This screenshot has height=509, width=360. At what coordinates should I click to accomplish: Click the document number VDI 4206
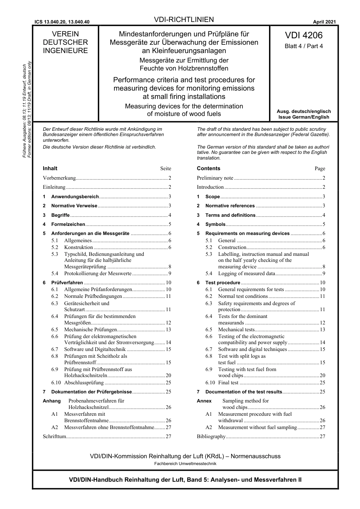pyautogui.click(x=304, y=35)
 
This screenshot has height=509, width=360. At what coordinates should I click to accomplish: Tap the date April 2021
pyautogui.click(x=324, y=22)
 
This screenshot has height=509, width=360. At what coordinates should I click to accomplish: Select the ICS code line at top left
pyautogui.click(x=62, y=22)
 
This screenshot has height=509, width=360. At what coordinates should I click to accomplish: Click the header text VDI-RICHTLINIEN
pyautogui.click(x=184, y=20)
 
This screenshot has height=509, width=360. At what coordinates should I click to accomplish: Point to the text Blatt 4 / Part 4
pyautogui.click(x=304, y=46)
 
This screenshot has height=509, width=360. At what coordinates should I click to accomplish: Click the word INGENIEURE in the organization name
pyautogui.click(x=65, y=51)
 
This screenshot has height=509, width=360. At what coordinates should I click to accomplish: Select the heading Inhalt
pyautogui.click(x=50, y=168)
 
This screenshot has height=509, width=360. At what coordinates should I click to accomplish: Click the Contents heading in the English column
pyautogui.click(x=208, y=168)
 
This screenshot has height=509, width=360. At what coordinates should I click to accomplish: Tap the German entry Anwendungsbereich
pyautogui.click(x=75, y=197)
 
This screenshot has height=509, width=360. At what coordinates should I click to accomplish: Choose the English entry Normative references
pyautogui.click(x=230, y=206)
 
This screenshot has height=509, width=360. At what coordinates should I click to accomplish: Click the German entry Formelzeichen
pyautogui.click(x=68, y=224)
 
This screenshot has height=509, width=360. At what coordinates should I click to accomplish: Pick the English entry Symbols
pyautogui.click(x=215, y=224)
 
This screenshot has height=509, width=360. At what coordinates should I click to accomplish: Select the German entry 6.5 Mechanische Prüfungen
pyautogui.click(x=90, y=330)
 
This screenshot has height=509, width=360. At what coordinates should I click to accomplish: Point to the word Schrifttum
pyautogui.click(x=55, y=437)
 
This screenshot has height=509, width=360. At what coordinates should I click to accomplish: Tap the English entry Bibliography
pyautogui.click(x=211, y=437)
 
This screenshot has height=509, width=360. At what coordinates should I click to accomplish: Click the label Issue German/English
pyautogui.click(x=304, y=117)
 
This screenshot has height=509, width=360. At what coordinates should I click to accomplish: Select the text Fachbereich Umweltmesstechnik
pyautogui.click(x=185, y=464)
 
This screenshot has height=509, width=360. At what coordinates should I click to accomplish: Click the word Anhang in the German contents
pyautogui.click(x=52, y=401)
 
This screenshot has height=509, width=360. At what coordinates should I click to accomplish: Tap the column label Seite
pyautogui.click(x=166, y=169)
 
